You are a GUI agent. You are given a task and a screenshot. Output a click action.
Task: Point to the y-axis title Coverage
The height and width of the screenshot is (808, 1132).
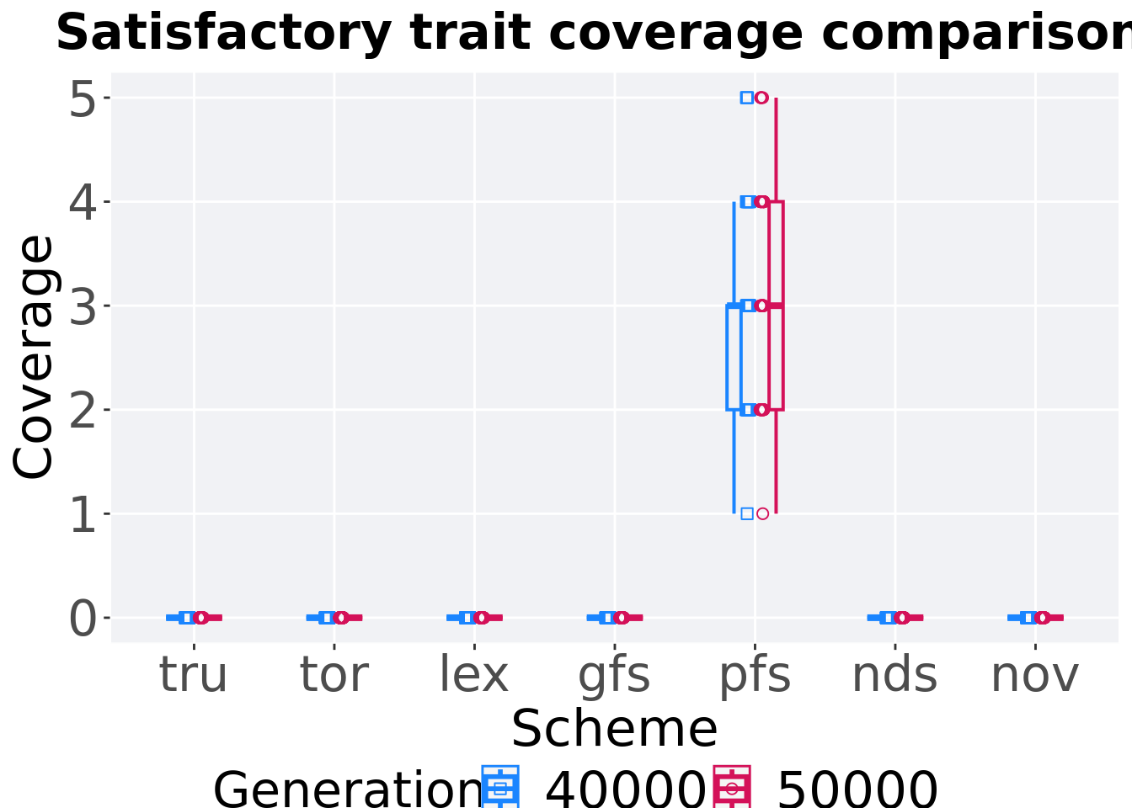(x=34, y=358)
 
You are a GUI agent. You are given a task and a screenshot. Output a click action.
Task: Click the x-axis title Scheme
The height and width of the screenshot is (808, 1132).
(x=614, y=729)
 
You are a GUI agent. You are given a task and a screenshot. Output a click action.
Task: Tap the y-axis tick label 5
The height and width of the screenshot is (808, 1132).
(x=83, y=98)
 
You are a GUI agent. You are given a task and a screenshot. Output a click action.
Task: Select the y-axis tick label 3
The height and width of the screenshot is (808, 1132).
(x=83, y=306)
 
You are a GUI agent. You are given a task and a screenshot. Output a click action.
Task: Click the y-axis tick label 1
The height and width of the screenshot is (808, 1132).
(x=83, y=514)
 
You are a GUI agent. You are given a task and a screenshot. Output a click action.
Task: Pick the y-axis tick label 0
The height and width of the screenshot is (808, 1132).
(x=83, y=619)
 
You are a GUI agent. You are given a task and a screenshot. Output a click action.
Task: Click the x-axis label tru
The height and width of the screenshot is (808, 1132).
(x=194, y=675)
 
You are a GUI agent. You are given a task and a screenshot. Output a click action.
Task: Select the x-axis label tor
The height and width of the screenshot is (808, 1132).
(x=334, y=675)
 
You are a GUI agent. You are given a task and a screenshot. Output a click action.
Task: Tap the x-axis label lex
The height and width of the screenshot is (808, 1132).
(x=474, y=675)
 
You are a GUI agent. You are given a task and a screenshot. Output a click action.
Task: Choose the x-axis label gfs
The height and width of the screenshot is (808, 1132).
(x=614, y=675)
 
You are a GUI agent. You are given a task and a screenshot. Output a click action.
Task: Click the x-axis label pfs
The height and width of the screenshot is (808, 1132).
(x=755, y=675)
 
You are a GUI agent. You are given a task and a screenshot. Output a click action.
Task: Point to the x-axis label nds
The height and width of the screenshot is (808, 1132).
(x=894, y=675)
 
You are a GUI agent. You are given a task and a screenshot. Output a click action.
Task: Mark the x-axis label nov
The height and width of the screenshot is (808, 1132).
(x=1034, y=675)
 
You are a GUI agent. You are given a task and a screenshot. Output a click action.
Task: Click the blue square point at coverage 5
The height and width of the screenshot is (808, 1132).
(x=747, y=98)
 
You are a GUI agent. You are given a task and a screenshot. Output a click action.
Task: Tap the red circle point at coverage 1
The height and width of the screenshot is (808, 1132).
(x=762, y=513)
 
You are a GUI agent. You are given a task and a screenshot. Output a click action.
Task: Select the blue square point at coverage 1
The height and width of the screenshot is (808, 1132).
(x=747, y=513)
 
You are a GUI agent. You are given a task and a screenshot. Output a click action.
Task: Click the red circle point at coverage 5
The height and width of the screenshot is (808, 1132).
(x=761, y=98)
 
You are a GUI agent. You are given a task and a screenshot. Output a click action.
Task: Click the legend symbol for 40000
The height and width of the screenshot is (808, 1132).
(x=501, y=788)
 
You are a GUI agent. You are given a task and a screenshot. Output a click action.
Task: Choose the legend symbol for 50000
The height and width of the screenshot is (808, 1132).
(x=732, y=788)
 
